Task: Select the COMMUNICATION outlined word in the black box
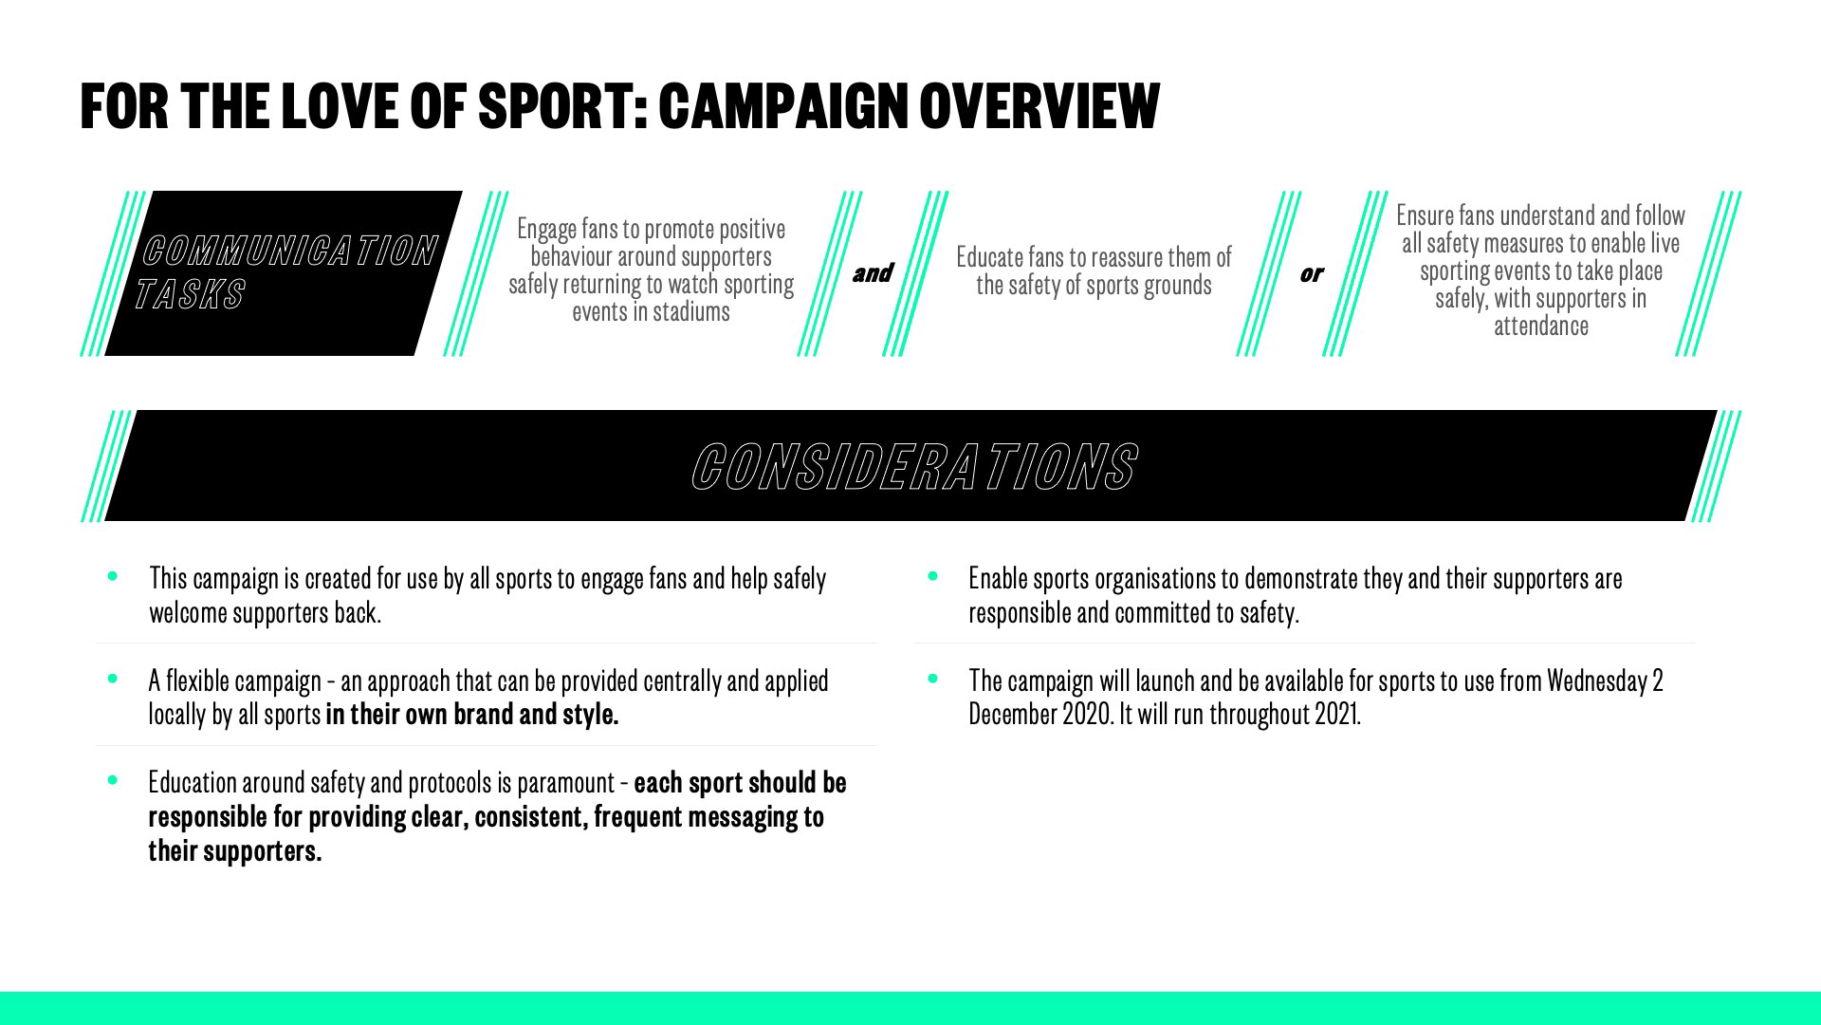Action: click(289, 252)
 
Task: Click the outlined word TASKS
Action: click(190, 294)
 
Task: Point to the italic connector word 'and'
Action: click(872, 273)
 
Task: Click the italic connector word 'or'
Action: click(1311, 274)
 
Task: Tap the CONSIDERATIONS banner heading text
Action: click(913, 466)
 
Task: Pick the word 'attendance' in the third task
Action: click(1541, 326)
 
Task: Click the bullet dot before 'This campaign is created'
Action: click(113, 575)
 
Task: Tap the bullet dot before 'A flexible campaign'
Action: click(113, 678)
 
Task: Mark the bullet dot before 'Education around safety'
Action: click(113, 780)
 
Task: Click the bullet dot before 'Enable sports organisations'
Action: click(932, 575)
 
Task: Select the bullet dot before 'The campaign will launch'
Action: click(932, 678)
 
